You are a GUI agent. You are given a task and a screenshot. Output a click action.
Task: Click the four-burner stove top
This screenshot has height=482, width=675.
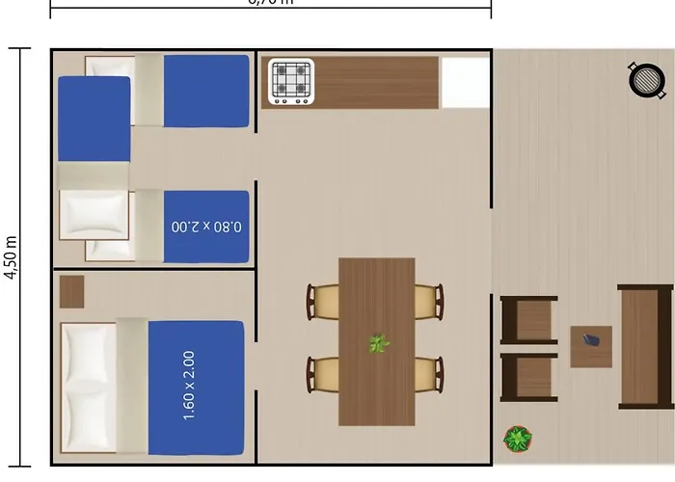click(291, 82)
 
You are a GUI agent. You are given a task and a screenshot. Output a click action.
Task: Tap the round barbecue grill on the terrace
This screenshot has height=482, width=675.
click(647, 80)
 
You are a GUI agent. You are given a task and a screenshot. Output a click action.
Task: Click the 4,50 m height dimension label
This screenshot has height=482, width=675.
click(12, 257)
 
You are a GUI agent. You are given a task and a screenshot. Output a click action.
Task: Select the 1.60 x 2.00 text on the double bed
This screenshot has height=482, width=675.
click(189, 386)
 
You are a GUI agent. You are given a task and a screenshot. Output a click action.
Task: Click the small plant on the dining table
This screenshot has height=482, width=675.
click(378, 342)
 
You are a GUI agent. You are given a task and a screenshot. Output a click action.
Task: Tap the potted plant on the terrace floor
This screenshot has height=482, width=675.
click(518, 440)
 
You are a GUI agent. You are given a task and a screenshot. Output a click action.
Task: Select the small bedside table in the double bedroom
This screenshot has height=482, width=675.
click(71, 291)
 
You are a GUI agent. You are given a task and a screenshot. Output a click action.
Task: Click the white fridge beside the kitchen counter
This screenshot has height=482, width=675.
click(465, 83)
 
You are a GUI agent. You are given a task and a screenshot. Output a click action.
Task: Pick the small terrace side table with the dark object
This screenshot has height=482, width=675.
click(590, 346)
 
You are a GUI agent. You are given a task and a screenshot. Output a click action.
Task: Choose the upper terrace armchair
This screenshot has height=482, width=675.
click(528, 319)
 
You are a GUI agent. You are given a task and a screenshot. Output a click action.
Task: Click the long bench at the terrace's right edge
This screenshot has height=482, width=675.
click(644, 346)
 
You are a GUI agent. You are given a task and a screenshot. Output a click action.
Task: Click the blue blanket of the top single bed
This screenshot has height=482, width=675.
click(206, 91)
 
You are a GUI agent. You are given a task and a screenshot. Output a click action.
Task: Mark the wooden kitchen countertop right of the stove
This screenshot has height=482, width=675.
click(376, 83)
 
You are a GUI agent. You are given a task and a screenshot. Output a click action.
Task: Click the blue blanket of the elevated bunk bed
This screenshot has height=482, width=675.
click(94, 120)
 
